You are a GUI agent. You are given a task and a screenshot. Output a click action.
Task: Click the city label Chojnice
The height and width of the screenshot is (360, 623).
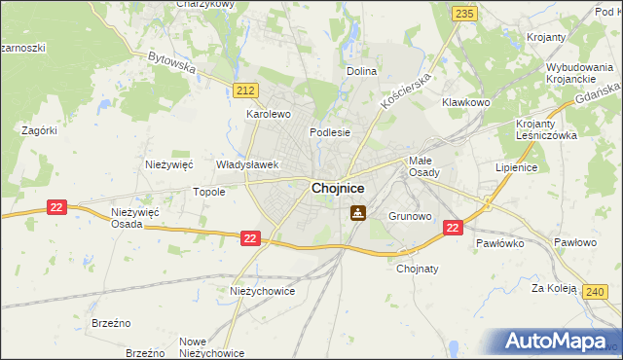pyautogui.click(x=339, y=188)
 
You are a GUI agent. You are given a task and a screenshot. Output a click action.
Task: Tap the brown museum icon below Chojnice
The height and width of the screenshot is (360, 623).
pyautogui.click(x=358, y=212)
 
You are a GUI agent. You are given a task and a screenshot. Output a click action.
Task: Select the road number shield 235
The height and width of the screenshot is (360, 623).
pyautogui.click(x=464, y=12)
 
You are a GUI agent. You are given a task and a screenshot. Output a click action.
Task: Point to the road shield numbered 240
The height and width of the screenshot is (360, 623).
pyautogui.click(x=598, y=290)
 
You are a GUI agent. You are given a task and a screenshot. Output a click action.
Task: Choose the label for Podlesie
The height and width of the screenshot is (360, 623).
pyautogui.click(x=329, y=132)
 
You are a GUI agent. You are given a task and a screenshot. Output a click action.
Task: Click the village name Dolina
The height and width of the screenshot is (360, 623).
pyautogui.click(x=362, y=71)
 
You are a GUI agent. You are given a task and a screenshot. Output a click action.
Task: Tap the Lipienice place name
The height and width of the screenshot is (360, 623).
pyautogui.click(x=516, y=167)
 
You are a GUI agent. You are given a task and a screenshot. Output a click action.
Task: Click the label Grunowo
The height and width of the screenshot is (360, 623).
pyautogui.click(x=410, y=216)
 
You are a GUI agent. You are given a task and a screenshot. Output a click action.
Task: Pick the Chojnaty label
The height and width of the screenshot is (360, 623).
pyautogui.click(x=418, y=270)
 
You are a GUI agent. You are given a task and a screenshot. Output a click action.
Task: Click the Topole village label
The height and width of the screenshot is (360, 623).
pyautogui.click(x=209, y=192)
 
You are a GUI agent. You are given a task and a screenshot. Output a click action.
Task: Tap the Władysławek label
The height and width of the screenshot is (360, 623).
pyautogui.click(x=248, y=165)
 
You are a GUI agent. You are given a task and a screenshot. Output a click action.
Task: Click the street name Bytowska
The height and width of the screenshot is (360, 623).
pyautogui.click(x=172, y=63)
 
